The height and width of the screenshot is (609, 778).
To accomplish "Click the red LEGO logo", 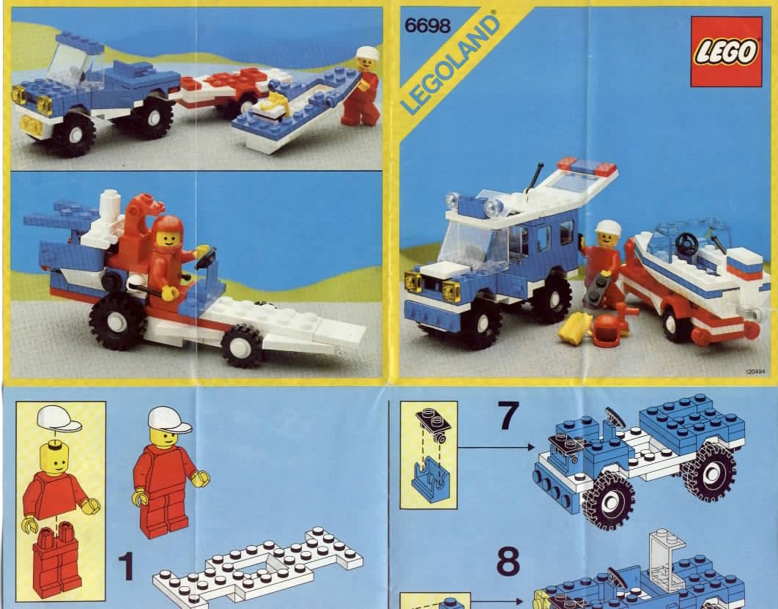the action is point(727,51).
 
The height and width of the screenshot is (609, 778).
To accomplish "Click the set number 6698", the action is point(428,26).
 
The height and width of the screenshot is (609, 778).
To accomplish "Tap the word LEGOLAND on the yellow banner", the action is point(449,64).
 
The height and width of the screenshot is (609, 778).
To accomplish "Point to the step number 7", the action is point(508,416).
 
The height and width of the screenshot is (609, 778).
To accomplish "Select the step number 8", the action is point(508,561).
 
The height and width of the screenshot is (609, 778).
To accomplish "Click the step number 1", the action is point(127,566).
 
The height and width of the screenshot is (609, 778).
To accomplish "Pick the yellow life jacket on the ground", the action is point(575,328).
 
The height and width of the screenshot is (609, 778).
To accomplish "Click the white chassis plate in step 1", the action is point(257,566).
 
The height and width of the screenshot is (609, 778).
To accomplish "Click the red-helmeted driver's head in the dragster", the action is point(168,233).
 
